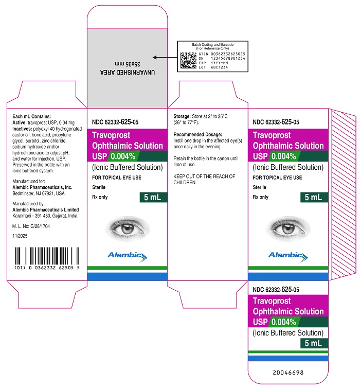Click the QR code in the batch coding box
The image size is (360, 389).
tap(188, 60)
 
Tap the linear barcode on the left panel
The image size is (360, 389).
tap(47, 256)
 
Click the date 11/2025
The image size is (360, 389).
tap(20, 236)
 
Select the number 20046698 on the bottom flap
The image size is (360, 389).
tap(288, 373)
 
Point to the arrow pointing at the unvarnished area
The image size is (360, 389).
tap(165, 58)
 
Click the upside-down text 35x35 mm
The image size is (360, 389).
tap(128, 64)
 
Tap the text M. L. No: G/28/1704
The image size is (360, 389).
tap(31, 226)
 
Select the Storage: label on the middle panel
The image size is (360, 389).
tap(182, 116)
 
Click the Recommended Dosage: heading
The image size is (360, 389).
tap(198, 134)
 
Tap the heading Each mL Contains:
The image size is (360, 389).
tap(31, 116)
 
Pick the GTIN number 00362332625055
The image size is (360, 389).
tap(228, 54)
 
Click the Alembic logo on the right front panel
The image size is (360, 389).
tap(288, 257)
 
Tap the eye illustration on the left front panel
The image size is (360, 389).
tap(128, 229)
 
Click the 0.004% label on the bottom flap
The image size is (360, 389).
tap(284, 322)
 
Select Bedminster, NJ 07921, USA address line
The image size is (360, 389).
tap(39, 193)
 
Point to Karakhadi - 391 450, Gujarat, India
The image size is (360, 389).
tap(45, 216)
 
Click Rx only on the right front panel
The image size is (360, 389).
tap(261, 197)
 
